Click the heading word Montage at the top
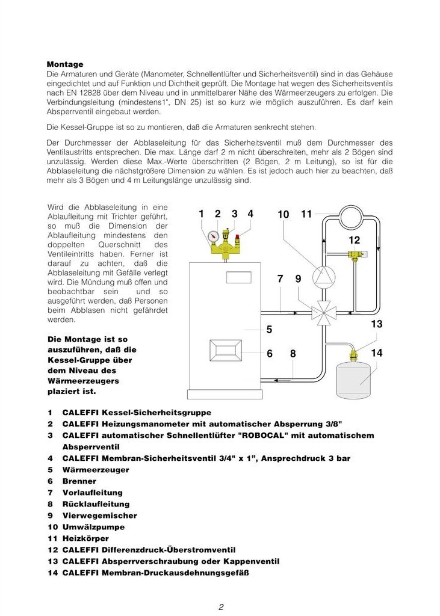[65, 64]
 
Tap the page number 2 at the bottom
[221, 607]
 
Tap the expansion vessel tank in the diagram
[359, 378]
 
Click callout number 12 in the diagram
[355, 241]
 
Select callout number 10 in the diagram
[284, 214]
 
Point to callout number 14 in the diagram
[377, 353]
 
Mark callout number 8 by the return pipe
[293, 354]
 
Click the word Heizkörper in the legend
[85, 538]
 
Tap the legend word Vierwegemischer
[99, 516]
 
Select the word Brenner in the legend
[79, 481]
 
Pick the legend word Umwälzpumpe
[90, 527]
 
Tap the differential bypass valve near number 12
[356, 255]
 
